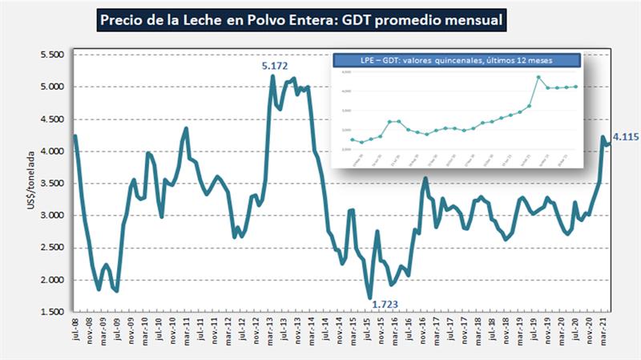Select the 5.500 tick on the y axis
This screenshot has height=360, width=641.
pyautogui.click(x=51, y=55)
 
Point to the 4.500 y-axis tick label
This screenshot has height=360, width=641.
pyautogui.click(x=51, y=119)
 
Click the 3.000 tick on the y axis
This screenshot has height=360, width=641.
pyautogui.click(x=51, y=215)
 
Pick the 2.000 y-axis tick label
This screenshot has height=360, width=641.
pyautogui.click(x=51, y=280)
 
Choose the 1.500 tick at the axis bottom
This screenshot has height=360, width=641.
pyautogui.click(x=51, y=312)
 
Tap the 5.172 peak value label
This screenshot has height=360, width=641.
pyautogui.click(x=275, y=65)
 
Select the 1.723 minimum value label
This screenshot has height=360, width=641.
pyautogui.click(x=385, y=304)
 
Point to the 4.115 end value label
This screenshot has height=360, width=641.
pyautogui.click(x=624, y=138)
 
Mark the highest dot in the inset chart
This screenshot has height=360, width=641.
pyautogui.click(x=538, y=78)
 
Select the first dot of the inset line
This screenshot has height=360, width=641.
pyautogui.click(x=352, y=140)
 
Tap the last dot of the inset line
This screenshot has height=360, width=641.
pyautogui.click(x=576, y=87)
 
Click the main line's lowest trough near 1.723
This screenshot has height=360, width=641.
pyautogui.click(x=370, y=297)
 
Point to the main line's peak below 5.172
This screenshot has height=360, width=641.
pyautogui.click(x=273, y=76)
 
